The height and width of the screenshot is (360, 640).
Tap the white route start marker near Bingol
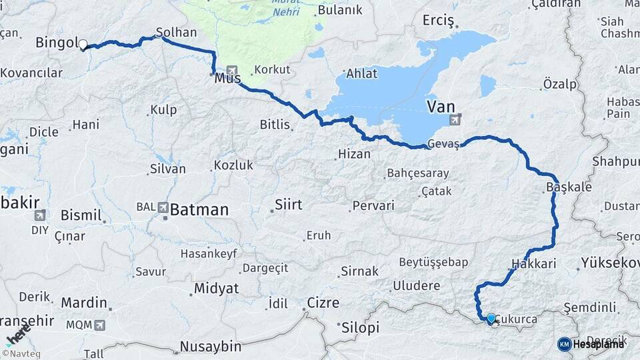pyautogui.click(x=83, y=45)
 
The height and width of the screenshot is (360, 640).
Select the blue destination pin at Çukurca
pyautogui.click(x=491, y=319)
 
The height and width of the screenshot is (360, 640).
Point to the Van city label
pyautogui.click(x=441, y=105)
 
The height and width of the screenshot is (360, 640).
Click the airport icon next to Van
pyautogui.click(x=456, y=120)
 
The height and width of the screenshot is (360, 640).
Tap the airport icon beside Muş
pyautogui.click(x=232, y=69)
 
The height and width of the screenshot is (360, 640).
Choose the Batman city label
pyautogui.click(x=199, y=209)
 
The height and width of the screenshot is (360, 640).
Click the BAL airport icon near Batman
pyautogui.click(x=164, y=208)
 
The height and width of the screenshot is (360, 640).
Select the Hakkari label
pyautogui.click(x=534, y=263)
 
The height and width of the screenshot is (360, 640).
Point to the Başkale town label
pyautogui.click(x=569, y=187)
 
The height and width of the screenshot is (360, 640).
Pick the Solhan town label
pyautogui.click(x=176, y=32)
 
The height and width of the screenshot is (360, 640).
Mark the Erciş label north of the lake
pyautogui.click(x=438, y=21)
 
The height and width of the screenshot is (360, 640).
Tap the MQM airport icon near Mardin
pyautogui.click(x=100, y=325)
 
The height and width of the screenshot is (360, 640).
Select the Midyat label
pyautogui.click(x=215, y=289)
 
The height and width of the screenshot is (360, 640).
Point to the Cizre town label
pyautogui.click(x=323, y=303)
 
